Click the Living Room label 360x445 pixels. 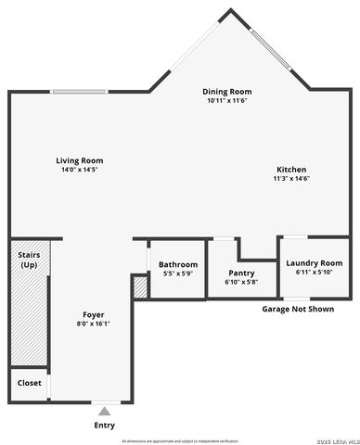coord(79,160)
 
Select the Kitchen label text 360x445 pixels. coord(290,169)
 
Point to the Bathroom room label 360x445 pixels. coord(178,264)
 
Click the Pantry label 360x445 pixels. coord(241,273)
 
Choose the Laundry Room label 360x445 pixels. coord(313,263)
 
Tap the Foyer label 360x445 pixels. coord(94,314)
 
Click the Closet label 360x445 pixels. coord(29,382)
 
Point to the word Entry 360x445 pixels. coord(105,426)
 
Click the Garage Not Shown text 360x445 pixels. coord(297,309)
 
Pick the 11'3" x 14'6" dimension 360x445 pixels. coord(290,179)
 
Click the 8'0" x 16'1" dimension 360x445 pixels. coord(94,324)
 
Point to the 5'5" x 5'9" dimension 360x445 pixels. coord(178,273)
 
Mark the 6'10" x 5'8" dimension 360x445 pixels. coord(241,282)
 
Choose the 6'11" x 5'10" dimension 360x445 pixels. coord(313,273)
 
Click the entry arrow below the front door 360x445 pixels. coord(105,409)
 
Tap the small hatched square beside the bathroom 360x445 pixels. coord(140,287)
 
